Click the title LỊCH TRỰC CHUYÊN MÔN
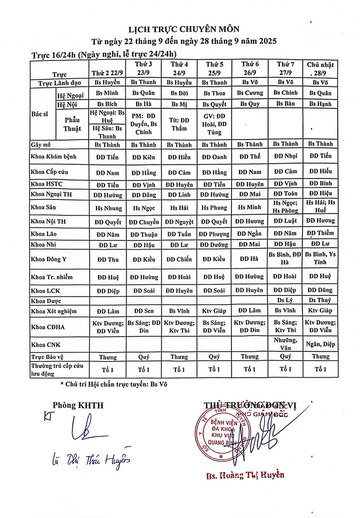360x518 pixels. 184,29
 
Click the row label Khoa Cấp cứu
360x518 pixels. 49,172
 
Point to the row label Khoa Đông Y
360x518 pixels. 48,259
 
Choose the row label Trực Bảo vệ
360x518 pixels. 47,357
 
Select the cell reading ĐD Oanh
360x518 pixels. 214,157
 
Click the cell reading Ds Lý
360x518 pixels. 285,300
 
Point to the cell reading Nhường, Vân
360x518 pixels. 285,344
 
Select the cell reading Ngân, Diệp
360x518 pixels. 320,344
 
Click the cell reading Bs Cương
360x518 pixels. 250,93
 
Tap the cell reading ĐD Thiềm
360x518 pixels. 320,233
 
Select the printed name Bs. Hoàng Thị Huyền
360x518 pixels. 245,475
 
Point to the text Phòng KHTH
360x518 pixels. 78,405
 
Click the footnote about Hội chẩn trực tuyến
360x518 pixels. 113,384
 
